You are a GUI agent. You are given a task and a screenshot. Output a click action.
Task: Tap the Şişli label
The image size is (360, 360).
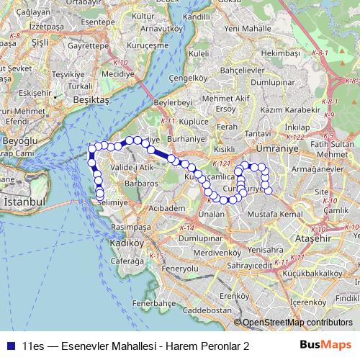(38, 42)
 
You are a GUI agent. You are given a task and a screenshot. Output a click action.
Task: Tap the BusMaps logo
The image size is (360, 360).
(325, 346)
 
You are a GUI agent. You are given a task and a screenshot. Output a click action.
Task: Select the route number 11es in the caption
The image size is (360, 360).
(33, 346)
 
